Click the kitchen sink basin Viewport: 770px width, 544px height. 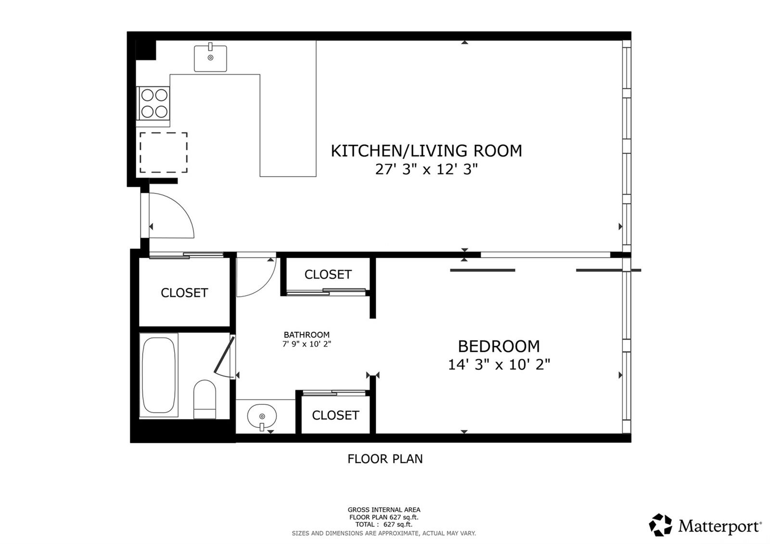tap(210, 58)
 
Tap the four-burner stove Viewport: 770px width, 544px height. tap(154, 103)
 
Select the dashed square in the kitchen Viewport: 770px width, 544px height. tap(163, 152)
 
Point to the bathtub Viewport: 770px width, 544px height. tap(159, 375)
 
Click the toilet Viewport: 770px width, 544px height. tap(205, 400)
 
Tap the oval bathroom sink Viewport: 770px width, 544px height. tap(262, 416)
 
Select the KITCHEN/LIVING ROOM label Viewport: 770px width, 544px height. tap(426, 151)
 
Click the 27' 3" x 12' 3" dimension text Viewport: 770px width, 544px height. tap(426, 169)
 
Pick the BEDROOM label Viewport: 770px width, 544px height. tap(499, 346)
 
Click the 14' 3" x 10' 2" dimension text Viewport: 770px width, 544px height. tap(499, 364)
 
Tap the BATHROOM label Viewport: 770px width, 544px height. tap(307, 335)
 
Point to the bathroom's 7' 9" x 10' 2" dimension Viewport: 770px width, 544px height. tap(307, 344)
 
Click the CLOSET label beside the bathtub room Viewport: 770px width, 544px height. tap(184, 293)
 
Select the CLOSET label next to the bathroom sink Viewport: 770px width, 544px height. tap(335, 415)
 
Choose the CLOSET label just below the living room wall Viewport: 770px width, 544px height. tap(328, 274)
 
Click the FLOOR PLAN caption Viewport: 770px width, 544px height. tap(385, 459)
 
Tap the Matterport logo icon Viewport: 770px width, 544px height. tap(660, 525)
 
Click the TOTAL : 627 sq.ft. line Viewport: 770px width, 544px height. tap(384, 524)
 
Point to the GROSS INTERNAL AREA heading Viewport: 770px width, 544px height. tap(384, 510)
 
